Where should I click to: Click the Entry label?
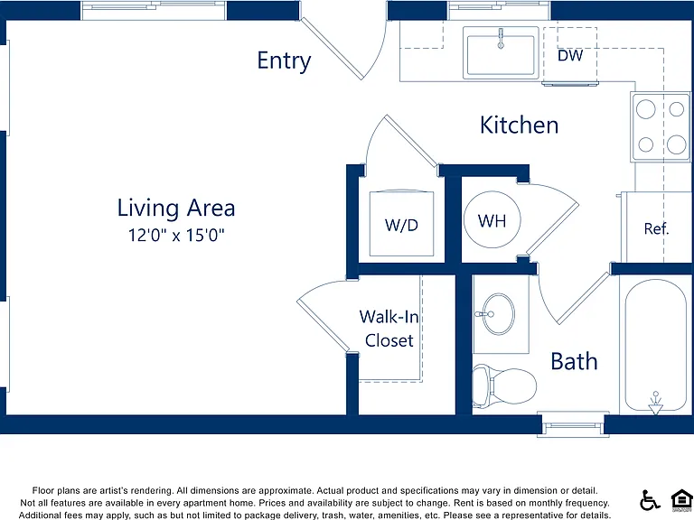tap(284, 60)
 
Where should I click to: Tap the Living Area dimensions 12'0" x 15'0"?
tap(176, 235)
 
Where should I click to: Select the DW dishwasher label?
tap(570, 56)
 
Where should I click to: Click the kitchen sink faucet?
tap(501, 39)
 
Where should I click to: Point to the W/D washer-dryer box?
tap(401, 223)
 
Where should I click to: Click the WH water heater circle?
tap(492, 219)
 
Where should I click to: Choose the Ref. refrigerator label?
tap(656, 228)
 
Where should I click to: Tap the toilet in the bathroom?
tap(504, 385)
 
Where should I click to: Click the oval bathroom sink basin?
tap(499, 314)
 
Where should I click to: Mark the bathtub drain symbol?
tap(656, 404)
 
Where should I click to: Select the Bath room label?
tap(574, 361)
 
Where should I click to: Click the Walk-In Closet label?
tap(389, 329)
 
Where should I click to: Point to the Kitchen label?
tap(520, 125)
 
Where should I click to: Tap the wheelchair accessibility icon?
tap(650, 500)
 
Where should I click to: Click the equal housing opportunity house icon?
tap(681, 499)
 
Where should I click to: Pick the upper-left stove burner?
tap(646, 109)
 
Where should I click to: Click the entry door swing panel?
tap(332, 49)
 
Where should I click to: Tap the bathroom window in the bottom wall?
tap(573, 425)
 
